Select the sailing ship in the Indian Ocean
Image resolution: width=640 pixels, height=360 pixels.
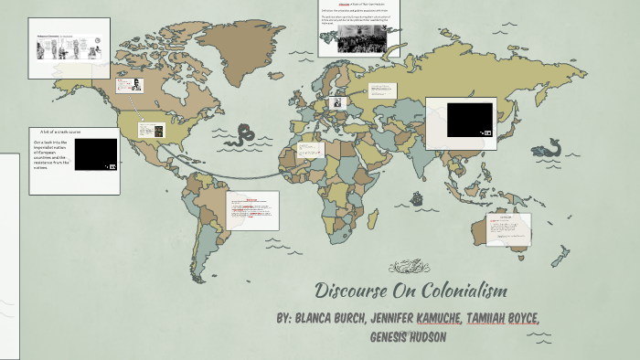416,197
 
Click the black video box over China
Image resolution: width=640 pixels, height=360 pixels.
469,120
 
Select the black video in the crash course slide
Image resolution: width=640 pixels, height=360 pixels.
95,154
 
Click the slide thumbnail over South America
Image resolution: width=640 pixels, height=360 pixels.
252,210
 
